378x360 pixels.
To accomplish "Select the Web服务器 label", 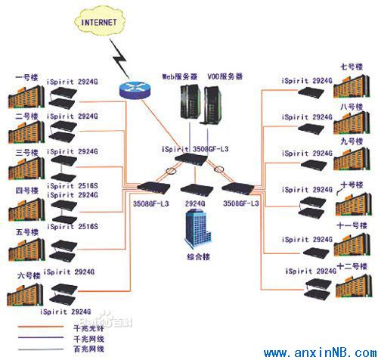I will (180, 77).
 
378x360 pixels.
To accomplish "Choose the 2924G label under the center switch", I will (195, 203).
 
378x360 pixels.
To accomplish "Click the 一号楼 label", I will (27, 77).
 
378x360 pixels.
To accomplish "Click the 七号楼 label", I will (353, 65).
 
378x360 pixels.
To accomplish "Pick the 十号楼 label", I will (353, 183).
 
